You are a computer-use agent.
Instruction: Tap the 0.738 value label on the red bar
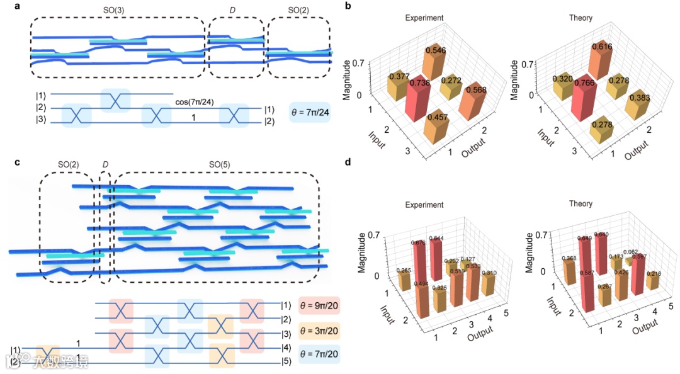(418, 82)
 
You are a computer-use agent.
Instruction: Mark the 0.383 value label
(636, 101)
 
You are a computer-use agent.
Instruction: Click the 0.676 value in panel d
(418, 243)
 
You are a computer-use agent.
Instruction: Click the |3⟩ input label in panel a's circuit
(40, 122)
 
